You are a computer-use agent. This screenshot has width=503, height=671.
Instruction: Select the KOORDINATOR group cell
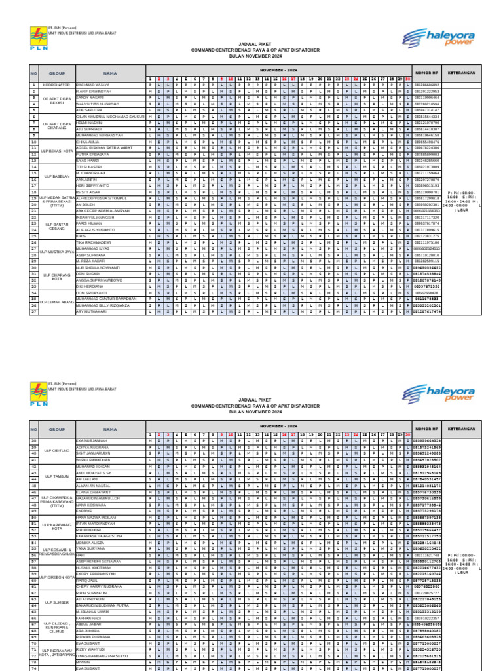pyautogui.click(x=56, y=85)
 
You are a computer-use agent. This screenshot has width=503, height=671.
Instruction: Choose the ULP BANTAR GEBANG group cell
pyautogui.click(x=56, y=226)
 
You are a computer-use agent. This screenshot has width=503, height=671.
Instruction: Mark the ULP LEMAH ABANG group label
pyautogui.click(x=56, y=301)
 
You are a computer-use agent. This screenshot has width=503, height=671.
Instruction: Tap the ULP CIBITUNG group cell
pyautogui.click(x=56, y=451)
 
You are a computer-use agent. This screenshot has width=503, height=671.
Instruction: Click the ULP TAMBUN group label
pyautogui.click(x=56, y=476)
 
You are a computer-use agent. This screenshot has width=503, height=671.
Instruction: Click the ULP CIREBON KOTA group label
pyautogui.click(x=56, y=577)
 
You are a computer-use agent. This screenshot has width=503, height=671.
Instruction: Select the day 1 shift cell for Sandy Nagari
pyautogui.click(x=151, y=97)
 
